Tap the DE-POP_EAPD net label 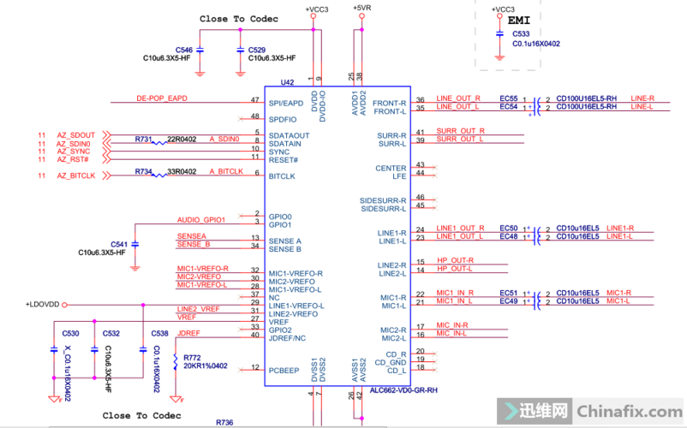pos(161,98)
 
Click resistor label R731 pos(143,139)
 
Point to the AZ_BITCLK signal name pos(75,175)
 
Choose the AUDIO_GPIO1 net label pos(200,220)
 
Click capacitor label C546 pos(183,51)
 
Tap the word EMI pos(519,19)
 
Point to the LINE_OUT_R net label pos(458,98)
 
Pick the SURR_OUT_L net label pos(460,139)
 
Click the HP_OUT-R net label pos(454,260)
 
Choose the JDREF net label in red pos(188,333)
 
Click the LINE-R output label pos(642,98)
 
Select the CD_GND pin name pos(392,361)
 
